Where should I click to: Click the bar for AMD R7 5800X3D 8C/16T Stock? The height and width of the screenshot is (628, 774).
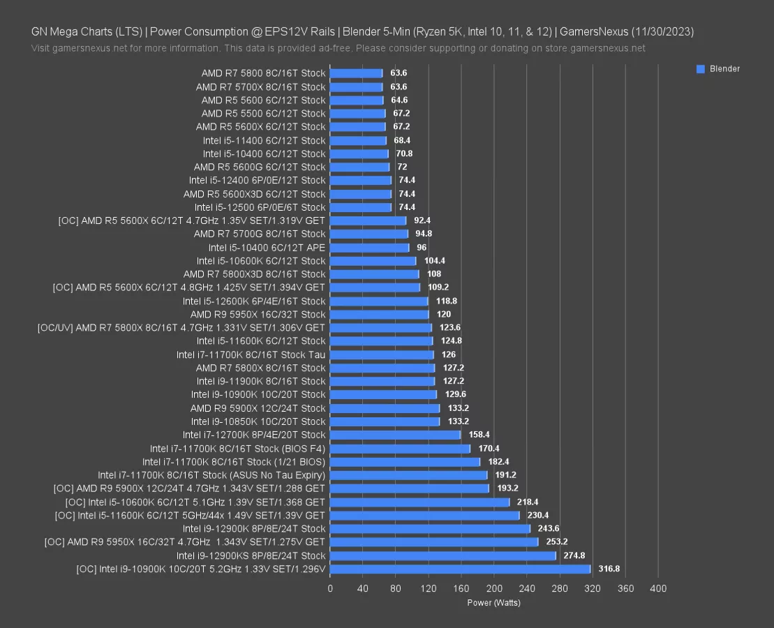pyautogui.click(x=374, y=274)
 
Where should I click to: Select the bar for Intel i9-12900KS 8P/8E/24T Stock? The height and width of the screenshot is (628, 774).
pyautogui.click(x=442, y=555)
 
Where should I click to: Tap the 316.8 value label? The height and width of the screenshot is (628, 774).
pyautogui.click(x=609, y=569)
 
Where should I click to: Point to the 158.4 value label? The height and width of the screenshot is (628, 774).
pyautogui.click(x=479, y=435)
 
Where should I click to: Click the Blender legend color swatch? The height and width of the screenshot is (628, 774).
pyautogui.click(x=700, y=69)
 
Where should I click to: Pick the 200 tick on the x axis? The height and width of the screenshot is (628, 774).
pyautogui.click(x=493, y=589)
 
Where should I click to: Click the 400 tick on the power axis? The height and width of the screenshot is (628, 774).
pyautogui.click(x=657, y=589)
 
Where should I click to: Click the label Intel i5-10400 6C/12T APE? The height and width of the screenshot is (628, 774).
pyautogui.click(x=267, y=248)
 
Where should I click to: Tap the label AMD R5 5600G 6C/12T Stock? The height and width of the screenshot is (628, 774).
pyautogui.click(x=260, y=167)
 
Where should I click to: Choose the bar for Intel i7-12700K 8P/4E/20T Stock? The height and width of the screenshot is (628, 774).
pyautogui.click(x=395, y=435)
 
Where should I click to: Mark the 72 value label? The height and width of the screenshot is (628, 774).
pyautogui.click(x=402, y=167)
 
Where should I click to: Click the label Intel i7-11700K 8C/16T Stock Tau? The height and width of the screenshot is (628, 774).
pyautogui.click(x=251, y=354)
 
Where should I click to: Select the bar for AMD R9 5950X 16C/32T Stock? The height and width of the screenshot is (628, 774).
pyautogui.click(x=379, y=314)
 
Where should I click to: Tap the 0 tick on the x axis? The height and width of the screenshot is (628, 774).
pyautogui.click(x=330, y=589)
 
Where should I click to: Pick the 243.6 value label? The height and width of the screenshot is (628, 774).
pyautogui.click(x=549, y=528)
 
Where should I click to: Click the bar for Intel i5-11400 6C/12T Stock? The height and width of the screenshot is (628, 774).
pyautogui.click(x=358, y=140)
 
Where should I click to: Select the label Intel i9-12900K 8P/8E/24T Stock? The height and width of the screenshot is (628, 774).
pyautogui.click(x=254, y=528)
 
